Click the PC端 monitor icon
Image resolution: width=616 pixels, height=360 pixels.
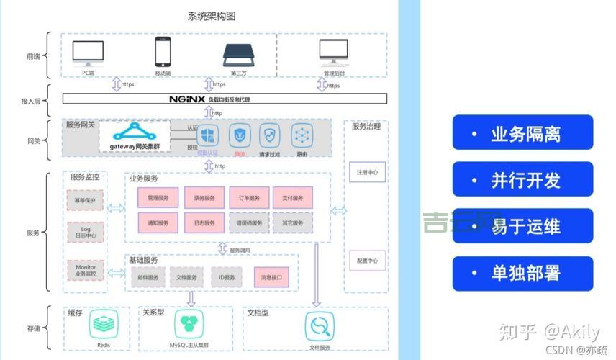click(x=88, y=53)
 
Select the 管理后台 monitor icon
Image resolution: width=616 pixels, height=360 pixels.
click(x=333, y=53)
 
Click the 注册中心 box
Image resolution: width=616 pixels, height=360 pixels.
click(x=367, y=173)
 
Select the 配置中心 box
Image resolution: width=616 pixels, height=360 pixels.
click(x=367, y=261)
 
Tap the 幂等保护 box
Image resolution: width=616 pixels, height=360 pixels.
click(x=85, y=199)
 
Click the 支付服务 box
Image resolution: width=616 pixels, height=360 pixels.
click(x=293, y=198)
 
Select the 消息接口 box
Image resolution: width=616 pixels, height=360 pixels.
click(x=271, y=277)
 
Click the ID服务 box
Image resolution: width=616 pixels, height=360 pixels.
click(x=227, y=277)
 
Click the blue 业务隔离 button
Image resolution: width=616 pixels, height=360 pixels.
click(x=522, y=133)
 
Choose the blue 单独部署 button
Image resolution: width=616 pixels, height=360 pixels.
click(x=522, y=273)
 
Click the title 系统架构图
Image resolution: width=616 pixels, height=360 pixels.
click(x=211, y=16)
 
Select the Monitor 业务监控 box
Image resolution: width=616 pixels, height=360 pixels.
click(x=85, y=270)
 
